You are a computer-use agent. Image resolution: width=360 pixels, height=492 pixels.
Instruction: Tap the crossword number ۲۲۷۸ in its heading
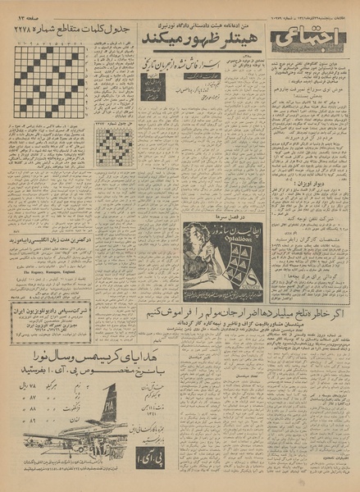point(30,30)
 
